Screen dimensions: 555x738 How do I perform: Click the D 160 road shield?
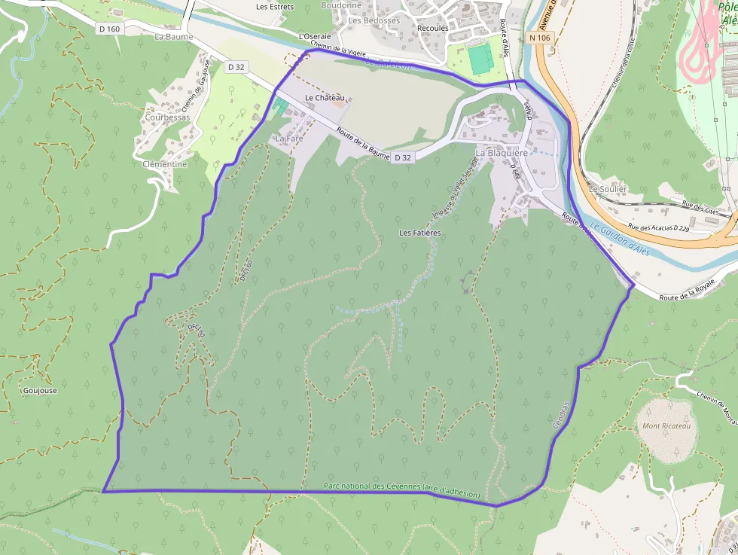tap(109, 29)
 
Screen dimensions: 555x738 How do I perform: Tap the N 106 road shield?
tap(540, 37)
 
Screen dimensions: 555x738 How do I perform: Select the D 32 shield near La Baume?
tap(236, 67)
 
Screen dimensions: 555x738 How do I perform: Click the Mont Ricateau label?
tap(666, 426)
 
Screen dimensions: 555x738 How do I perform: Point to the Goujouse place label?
tap(40, 391)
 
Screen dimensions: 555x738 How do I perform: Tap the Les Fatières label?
tap(419, 233)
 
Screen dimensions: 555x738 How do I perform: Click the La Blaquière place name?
tap(502, 153)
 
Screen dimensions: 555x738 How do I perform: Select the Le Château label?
tap(325, 99)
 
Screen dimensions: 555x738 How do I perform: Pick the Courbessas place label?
tap(167, 118)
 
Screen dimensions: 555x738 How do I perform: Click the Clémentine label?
tap(164, 164)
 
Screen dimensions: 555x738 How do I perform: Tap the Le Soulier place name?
tap(608, 189)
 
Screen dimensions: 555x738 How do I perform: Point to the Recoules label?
tap(432, 29)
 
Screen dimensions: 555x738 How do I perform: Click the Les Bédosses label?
tap(374, 20)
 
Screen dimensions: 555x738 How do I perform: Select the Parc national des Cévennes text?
tap(401, 489)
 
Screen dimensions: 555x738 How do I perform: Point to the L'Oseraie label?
tap(315, 36)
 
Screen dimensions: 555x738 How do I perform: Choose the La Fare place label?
tap(288, 139)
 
